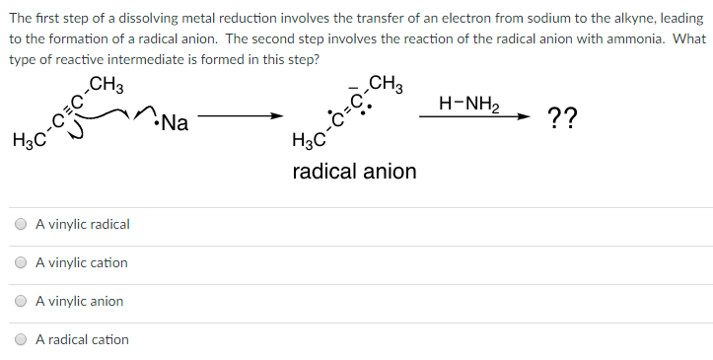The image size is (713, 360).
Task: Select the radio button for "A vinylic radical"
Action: [x=21, y=225]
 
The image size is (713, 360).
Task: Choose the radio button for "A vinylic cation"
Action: [x=21, y=263]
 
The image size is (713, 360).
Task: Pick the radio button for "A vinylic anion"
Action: [x=21, y=302]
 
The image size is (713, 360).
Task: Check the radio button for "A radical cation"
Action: [x=21, y=340]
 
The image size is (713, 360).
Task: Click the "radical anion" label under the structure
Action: [x=354, y=172]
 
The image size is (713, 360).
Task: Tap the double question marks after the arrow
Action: [x=563, y=120]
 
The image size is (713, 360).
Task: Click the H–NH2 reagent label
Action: [x=473, y=103]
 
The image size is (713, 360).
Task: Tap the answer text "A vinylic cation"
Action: [x=82, y=263]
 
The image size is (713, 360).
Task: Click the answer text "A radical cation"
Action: [x=82, y=340]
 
